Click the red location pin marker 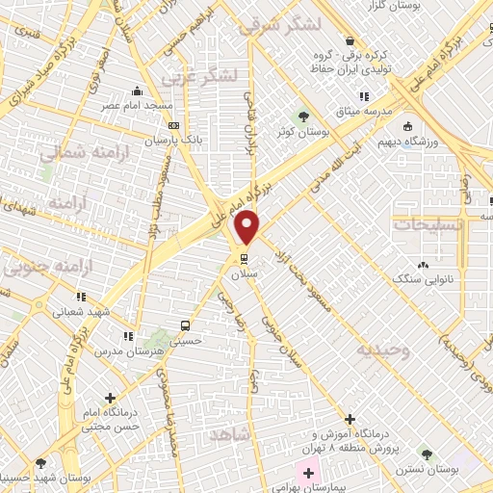pyautogui.click(x=248, y=227)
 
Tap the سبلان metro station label pyautogui.click(x=240, y=273)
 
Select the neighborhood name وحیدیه pyautogui.click(x=383, y=350)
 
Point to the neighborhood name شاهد pyautogui.click(x=228, y=435)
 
